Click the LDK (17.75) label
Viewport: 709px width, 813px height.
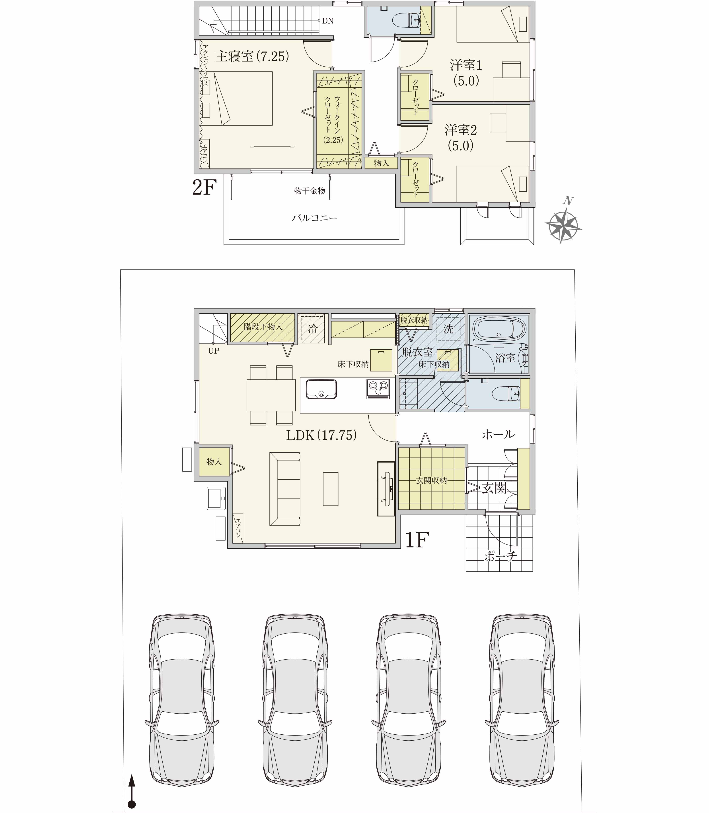[x=322, y=435]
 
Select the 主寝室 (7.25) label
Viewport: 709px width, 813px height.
[x=252, y=56]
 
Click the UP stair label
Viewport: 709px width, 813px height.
[x=214, y=351]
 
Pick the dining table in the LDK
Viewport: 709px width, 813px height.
[x=271, y=395]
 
